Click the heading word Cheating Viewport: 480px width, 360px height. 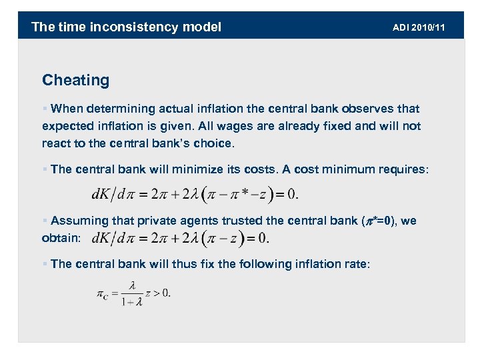[75, 81]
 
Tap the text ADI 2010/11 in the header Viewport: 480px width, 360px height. [419, 27]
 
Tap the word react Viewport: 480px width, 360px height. [56, 143]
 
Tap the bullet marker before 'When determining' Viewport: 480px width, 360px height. [45, 109]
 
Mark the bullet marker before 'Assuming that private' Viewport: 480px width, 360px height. [45, 221]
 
